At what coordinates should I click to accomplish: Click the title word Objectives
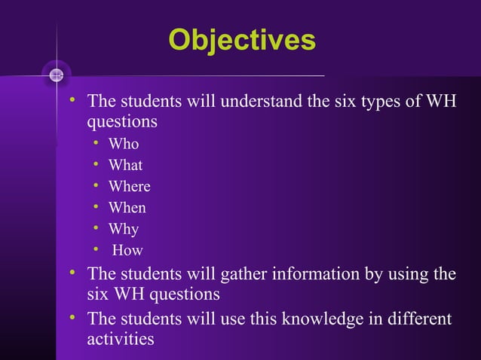pos(241,41)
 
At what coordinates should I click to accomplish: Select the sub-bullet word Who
pos(124,144)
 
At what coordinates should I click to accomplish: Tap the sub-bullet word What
pos(125,165)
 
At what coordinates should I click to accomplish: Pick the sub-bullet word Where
pos(129,186)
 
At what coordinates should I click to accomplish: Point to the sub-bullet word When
pos(127,208)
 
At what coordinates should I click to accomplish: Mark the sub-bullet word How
pos(127,251)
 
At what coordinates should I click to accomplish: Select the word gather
pos(244,273)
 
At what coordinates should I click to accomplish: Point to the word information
pos(314,273)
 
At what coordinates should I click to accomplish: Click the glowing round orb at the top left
pos(56,75)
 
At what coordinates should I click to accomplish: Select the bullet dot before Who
pos(97,143)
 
